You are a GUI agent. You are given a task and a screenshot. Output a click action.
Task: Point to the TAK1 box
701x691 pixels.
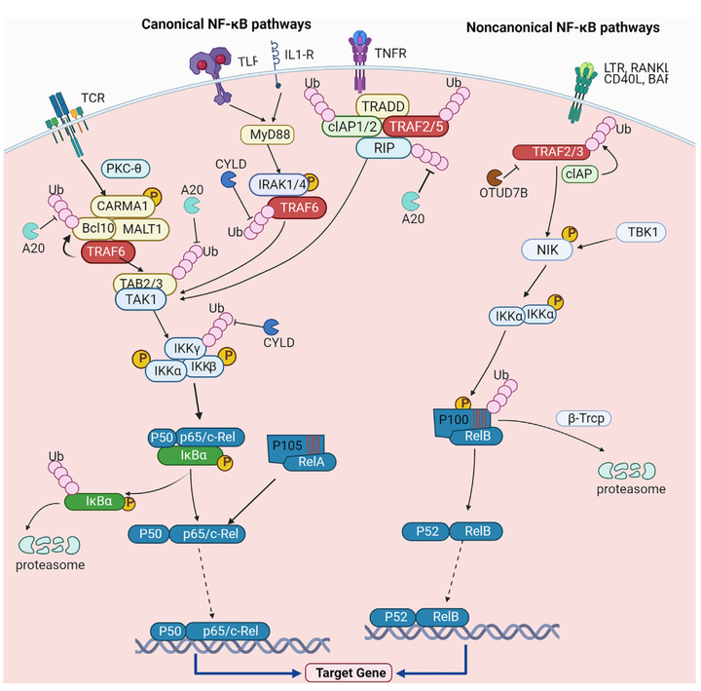point(142,300)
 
